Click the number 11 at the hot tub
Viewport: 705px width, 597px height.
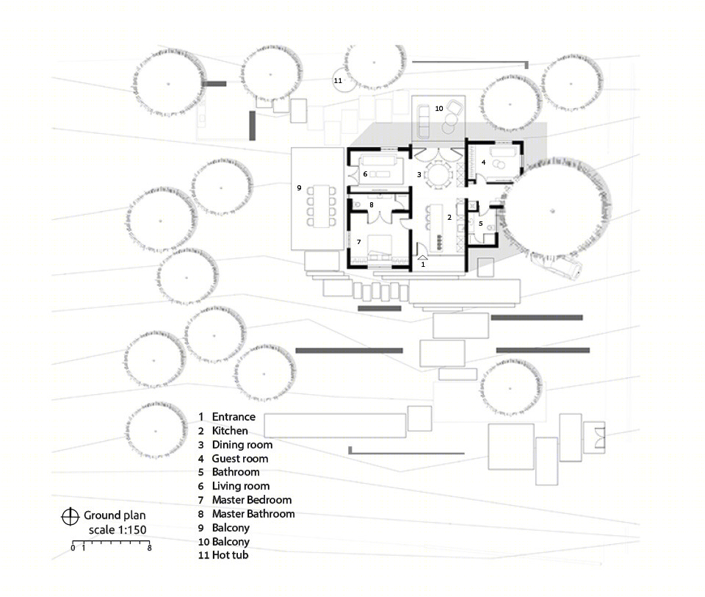coord(338,81)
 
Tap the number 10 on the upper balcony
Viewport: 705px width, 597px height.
coord(439,109)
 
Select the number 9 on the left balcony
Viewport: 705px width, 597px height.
coord(299,187)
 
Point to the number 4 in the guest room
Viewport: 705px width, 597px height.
coord(483,162)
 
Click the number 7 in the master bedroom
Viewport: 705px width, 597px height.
coord(359,242)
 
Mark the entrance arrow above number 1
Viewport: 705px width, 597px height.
coord(423,257)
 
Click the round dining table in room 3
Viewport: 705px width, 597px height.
coord(438,174)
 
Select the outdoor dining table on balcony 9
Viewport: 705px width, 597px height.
coord(321,206)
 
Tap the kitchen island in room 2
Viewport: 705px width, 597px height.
coord(437,228)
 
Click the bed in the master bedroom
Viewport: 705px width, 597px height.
coord(380,247)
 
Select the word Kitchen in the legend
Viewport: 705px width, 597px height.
coord(230,431)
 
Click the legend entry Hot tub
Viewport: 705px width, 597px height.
coord(230,555)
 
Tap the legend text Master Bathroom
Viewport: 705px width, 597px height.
coord(253,514)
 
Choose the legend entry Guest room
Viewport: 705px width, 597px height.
coord(240,458)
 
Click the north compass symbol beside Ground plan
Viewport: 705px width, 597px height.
coord(70,516)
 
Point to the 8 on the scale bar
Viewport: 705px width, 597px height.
coord(149,548)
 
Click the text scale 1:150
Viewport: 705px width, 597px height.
coord(117,530)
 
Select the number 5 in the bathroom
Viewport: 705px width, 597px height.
coord(480,224)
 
